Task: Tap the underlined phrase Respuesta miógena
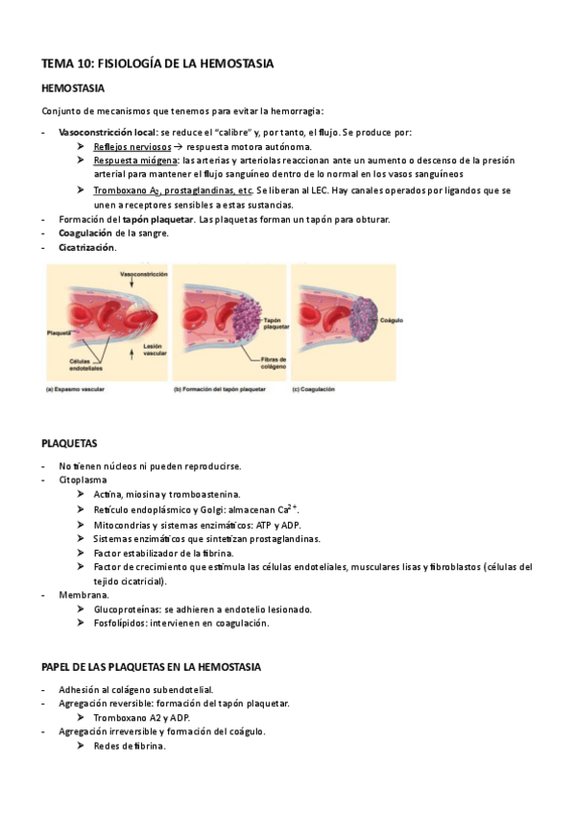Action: click(135, 161)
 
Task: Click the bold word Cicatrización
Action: click(87, 247)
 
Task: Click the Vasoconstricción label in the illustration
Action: click(145, 274)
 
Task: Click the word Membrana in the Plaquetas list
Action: click(84, 595)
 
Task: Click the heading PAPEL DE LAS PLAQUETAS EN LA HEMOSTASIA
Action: click(152, 667)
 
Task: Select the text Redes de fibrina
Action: click(130, 746)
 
